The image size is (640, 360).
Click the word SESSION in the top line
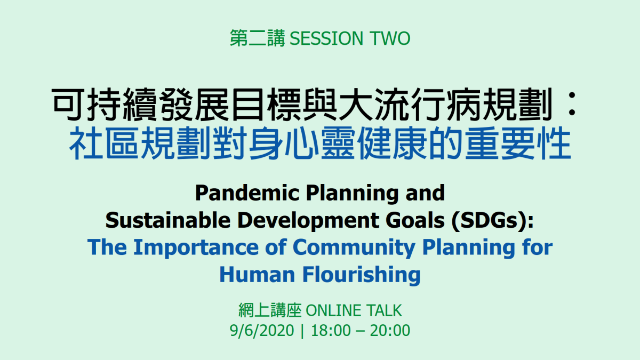click(326, 38)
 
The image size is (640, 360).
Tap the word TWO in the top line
click(390, 38)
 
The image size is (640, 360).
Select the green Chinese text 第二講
click(258, 38)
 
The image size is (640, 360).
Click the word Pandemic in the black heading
click(247, 193)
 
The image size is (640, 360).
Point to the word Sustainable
click(168, 220)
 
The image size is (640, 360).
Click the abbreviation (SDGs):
click(493, 221)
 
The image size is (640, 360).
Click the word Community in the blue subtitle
click(354, 248)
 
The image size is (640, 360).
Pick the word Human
click(257, 275)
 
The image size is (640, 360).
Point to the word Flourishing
click(362, 275)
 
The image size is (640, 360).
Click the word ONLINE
click(333, 310)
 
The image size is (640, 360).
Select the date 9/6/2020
click(262, 331)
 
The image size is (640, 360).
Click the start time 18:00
click(331, 331)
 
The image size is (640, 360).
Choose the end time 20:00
click(390, 331)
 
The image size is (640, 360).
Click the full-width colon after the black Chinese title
click(572, 103)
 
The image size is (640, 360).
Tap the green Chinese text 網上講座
click(270, 310)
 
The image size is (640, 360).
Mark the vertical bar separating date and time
click(302, 331)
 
